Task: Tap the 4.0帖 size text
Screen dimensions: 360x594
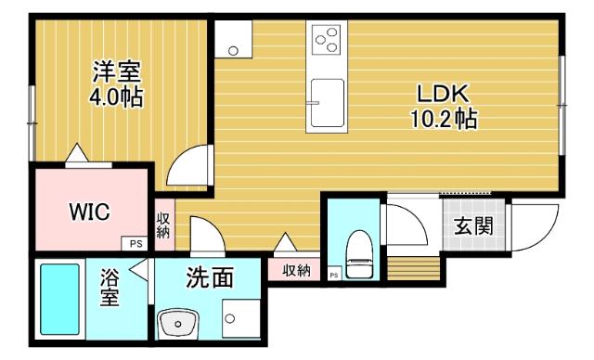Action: (116, 96)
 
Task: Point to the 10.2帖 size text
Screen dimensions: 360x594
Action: (445, 119)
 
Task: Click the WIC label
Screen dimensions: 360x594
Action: (90, 212)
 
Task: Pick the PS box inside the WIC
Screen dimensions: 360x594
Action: (135, 244)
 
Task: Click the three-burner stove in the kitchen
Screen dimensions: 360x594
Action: (327, 39)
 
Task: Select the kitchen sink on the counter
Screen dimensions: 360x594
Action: (327, 99)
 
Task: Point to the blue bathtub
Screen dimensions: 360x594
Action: (61, 299)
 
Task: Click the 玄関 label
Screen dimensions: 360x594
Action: (472, 226)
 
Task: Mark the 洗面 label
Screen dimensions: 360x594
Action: (209, 277)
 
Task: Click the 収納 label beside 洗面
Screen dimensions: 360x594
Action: (295, 270)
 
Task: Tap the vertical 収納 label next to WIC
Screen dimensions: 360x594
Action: (162, 225)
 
